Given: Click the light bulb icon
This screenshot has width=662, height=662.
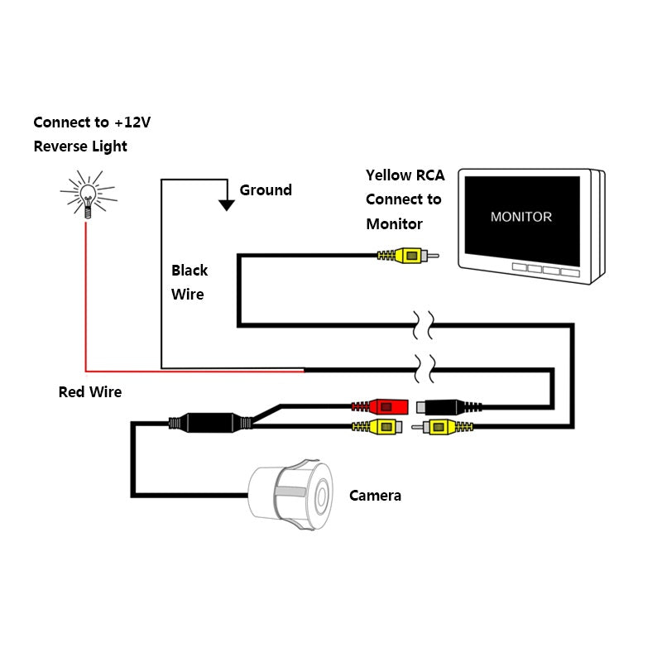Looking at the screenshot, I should tap(87, 194).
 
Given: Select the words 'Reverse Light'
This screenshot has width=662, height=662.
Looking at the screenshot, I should tap(80, 146).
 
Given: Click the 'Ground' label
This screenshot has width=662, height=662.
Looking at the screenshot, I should tap(266, 190).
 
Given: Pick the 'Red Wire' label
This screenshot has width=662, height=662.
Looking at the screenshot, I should tap(89, 392).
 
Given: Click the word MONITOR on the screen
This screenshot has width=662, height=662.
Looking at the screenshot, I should tap(520, 217).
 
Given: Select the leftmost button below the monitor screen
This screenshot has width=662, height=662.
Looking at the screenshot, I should tap(520, 269).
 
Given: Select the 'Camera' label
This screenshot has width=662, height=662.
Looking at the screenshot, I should tap(375, 496).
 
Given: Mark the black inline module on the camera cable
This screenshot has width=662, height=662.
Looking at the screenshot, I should tap(211, 423).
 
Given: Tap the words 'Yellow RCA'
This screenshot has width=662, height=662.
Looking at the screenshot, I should tap(405, 175).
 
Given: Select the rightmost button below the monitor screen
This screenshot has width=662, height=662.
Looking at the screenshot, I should tap(569, 271).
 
